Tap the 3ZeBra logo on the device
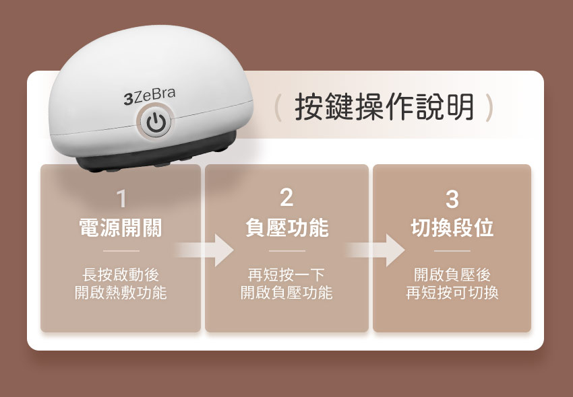pyautogui.click(x=149, y=97)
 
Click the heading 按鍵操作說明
pyautogui.click(x=384, y=108)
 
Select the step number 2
pyautogui.click(x=286, y=198)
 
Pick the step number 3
pyautogui.click(x=452, y=199)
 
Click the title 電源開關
pyautogui.click(x=121, y=228)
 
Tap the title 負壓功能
pyautogui.click(x=286, y=228)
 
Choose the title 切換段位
pyautogui.click(x=452, y=228)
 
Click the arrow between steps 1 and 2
pyautogui.click(x=206, y=250)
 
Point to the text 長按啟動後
pyautogui.click(x=121, y=275)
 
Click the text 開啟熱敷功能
pyautogui.click(x=121, y=293)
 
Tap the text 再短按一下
pyautogui.click(x=286, y=275)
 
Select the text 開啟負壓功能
pyautogui.click(x=286, y=293)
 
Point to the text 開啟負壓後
pyautogui.click(x=452, y=275)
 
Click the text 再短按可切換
pyautogui.click(x=452, y=293)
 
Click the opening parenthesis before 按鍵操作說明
pyautogui.click(x=277, y=108)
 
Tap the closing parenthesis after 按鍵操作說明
pyautogui.click(x=490, y=108)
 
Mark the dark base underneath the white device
pyautogui.click(x=135, y=161)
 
